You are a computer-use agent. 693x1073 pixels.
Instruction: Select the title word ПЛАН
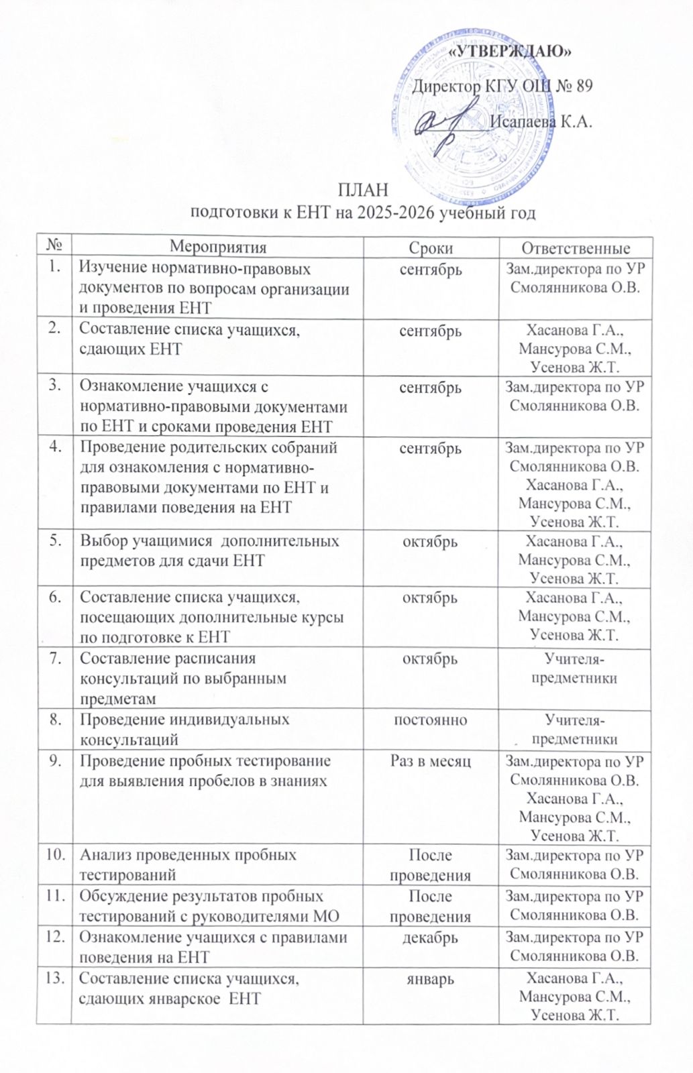click(363, 190)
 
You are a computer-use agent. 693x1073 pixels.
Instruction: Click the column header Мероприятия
click(217, 247)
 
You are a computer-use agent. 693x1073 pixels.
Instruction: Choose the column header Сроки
click(431, 247)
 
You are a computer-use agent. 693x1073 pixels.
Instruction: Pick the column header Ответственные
click(576, 247)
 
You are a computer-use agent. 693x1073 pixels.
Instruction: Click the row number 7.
click(55, 658)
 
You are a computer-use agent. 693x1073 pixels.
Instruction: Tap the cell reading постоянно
click(430, 720)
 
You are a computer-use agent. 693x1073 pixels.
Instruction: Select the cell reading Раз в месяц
click(430, 761)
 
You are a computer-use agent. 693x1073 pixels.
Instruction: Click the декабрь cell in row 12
click(430, 938)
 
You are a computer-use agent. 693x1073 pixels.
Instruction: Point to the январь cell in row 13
click(430, 979)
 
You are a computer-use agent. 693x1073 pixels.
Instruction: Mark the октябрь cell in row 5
click(430, 541)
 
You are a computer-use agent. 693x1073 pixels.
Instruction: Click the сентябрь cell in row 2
click(430, 331)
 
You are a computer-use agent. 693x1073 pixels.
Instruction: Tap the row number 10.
click(55, 854)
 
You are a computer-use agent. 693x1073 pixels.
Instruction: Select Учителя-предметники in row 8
click(574, 730)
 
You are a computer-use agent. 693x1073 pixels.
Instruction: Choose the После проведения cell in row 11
click(430, 906)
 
